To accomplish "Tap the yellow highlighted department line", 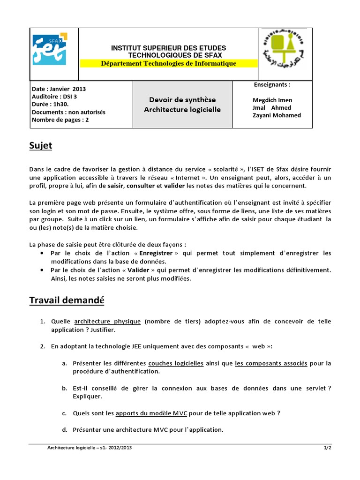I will point(169,63).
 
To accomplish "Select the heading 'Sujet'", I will point(41,146).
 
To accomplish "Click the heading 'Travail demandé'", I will point(67,300).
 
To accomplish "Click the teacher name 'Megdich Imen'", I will point(272,100).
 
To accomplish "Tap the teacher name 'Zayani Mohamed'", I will point(277,115).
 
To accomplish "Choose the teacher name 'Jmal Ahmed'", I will point(271,108).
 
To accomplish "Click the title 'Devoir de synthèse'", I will point(182,100).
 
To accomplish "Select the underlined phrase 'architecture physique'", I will point(107,322).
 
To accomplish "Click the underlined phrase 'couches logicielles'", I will point(176,363).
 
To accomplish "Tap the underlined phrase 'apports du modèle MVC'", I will point(151,413).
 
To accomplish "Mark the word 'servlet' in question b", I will point(314,388).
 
